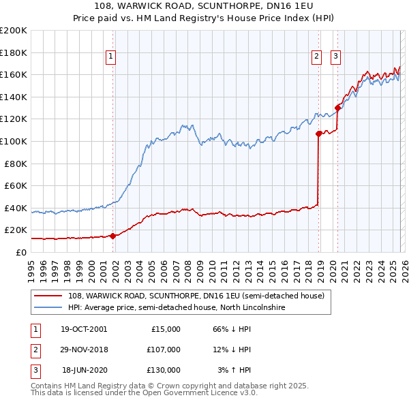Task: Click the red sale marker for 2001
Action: [x=112, y=236]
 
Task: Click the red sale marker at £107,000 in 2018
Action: [x=318, y=134]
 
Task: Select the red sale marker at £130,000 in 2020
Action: [x=337, y=108]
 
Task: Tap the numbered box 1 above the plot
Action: [x=110, y=57]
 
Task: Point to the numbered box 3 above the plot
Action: [x=336, y=57]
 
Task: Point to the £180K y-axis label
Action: [x=13, y=52]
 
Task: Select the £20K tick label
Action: [x=15, y=230]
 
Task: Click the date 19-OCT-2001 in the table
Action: [x=84, y=329]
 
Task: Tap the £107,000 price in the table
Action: [x=164, y=350]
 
